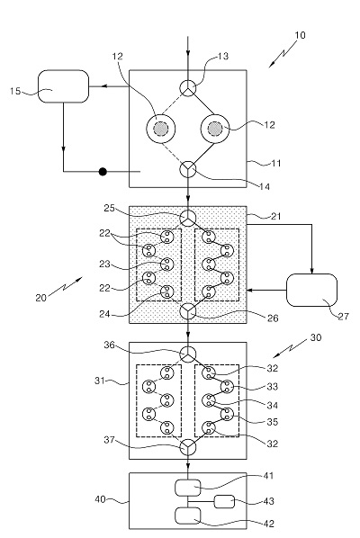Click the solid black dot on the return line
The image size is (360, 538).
click(103, 171)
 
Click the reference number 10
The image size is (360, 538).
click(300, 35)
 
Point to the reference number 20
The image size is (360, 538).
click(40, 298)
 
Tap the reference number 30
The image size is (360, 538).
click(316, 337)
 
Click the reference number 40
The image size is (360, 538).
click(100, 499)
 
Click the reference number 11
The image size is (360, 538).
click(276, 164)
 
